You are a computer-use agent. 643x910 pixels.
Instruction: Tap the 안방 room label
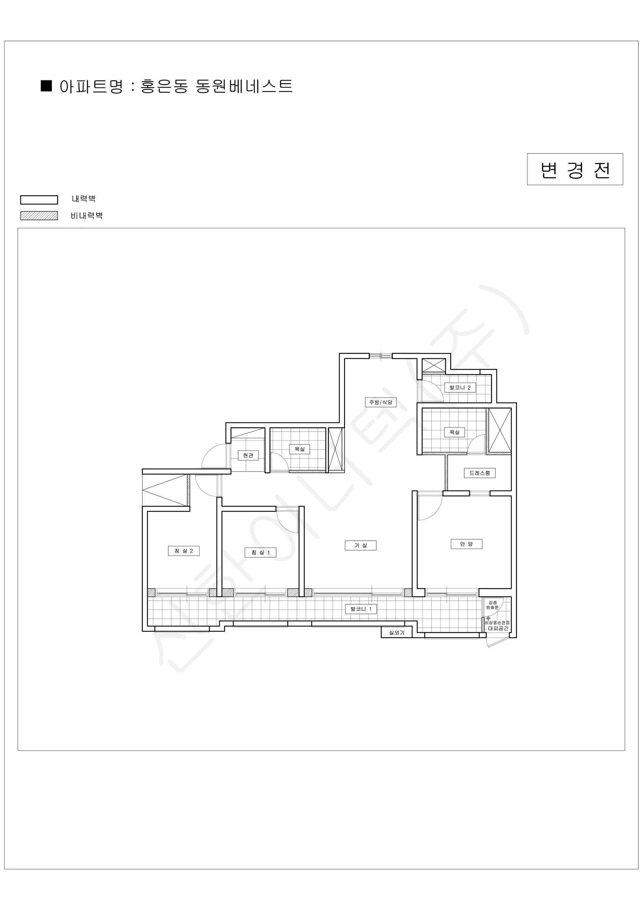click(467, 544)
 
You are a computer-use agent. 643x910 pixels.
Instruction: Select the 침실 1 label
click(261, 552)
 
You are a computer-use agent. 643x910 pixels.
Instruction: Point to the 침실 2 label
click(183, 551)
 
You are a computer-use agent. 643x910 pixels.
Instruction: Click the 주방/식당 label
click(381, 402)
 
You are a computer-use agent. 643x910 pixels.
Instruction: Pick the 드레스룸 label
click(479, 473)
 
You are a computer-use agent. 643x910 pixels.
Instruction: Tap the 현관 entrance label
click(248, 455)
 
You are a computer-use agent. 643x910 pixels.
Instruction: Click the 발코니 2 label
click(460, 387)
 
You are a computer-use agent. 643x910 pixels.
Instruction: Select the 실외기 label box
click(397, 632)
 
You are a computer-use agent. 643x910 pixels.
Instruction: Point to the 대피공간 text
click(498, 628)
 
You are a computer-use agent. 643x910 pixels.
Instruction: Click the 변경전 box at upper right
click(575, 169)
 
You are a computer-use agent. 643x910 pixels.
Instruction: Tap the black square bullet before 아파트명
click(46, 86)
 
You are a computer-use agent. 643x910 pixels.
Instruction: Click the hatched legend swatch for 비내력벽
click(39, 216)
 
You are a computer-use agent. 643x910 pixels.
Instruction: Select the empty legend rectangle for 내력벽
click(39, 200)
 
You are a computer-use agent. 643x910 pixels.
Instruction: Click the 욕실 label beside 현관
click(300, 449)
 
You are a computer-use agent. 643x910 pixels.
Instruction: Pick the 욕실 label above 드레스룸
click(454, 432)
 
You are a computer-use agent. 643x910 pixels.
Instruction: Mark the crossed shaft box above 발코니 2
click(434, 365)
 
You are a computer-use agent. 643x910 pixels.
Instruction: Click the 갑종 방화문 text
click(493, 605)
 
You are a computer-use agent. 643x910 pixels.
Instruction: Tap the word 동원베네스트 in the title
click(244, 86)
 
